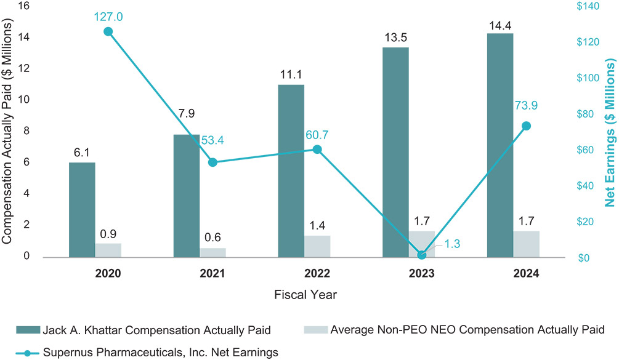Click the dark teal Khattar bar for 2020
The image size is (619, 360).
(x=82, y=210)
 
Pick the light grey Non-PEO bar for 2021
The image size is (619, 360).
(x=212, y=252)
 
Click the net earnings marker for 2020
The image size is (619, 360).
(x=108, y=31)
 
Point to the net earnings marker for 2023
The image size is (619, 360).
(x=422, y=255)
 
